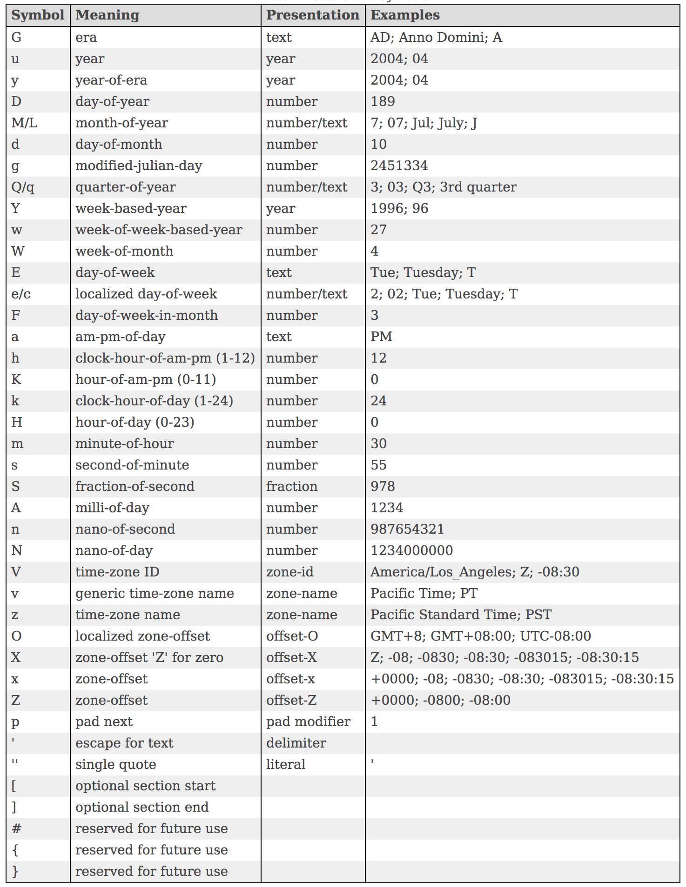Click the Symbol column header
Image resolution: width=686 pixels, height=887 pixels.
click(38, 15)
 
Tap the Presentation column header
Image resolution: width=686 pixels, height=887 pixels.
click(312, 15)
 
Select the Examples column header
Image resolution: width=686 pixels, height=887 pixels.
click(405, 15)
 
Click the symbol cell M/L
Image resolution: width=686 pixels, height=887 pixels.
click(24, 123)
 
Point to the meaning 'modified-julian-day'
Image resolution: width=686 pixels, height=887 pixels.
click(139, 166)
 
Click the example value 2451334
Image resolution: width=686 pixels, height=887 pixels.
click(399, 166)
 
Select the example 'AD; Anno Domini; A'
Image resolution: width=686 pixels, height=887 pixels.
click(436, 38)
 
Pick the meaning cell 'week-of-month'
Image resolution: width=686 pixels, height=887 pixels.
click(124, 252)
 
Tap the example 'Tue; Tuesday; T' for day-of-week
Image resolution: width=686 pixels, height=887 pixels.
click(423, 273)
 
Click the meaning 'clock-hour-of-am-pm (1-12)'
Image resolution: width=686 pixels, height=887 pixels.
click(165, 358)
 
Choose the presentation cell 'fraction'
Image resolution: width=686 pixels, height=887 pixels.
click(292, 487)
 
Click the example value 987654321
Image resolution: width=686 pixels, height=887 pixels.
click(407, 530)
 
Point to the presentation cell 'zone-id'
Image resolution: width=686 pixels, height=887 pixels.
click(289, 572)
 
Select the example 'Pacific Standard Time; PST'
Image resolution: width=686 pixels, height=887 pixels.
click(461, 615)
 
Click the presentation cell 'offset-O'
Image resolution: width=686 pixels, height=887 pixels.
click(292, 636)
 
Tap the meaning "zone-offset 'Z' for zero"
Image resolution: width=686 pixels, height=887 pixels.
click(149, 658)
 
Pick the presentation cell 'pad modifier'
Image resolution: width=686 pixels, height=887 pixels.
click(308, 722)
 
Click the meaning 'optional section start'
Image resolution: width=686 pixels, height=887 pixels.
click(145, 786)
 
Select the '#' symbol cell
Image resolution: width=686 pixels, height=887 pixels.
click(16, 829)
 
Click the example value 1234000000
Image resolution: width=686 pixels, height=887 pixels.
click(411, 551)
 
